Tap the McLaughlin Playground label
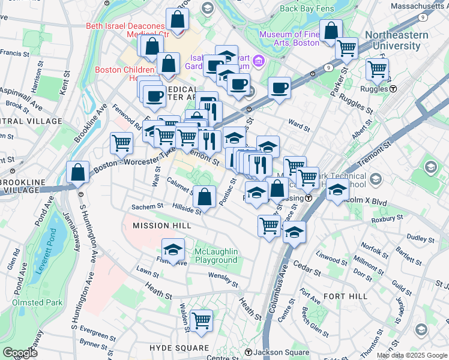216,256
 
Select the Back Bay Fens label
307,9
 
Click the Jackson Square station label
276,352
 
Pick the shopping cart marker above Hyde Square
201,319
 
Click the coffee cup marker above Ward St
279,88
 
